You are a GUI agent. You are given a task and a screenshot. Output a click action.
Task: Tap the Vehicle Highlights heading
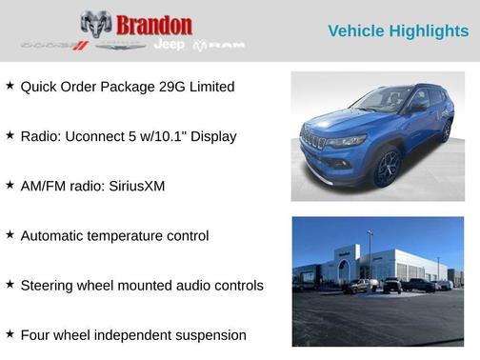pos(398,30)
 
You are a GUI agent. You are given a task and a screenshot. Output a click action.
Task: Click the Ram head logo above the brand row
pos(96,23)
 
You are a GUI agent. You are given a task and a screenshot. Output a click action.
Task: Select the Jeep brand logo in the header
pos(170,45)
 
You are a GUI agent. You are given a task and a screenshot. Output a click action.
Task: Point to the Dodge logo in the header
pos(54,45)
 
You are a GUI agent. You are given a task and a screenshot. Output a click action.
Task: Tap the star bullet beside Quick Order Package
pos(10,86)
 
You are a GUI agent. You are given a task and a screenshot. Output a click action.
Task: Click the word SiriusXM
pos(132,186)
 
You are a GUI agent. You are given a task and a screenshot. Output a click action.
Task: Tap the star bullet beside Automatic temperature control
pos(10,234)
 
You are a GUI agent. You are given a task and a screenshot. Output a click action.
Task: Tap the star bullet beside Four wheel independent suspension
pos(10,333)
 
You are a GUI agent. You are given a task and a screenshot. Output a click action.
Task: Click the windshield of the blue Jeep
pos(381,100)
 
